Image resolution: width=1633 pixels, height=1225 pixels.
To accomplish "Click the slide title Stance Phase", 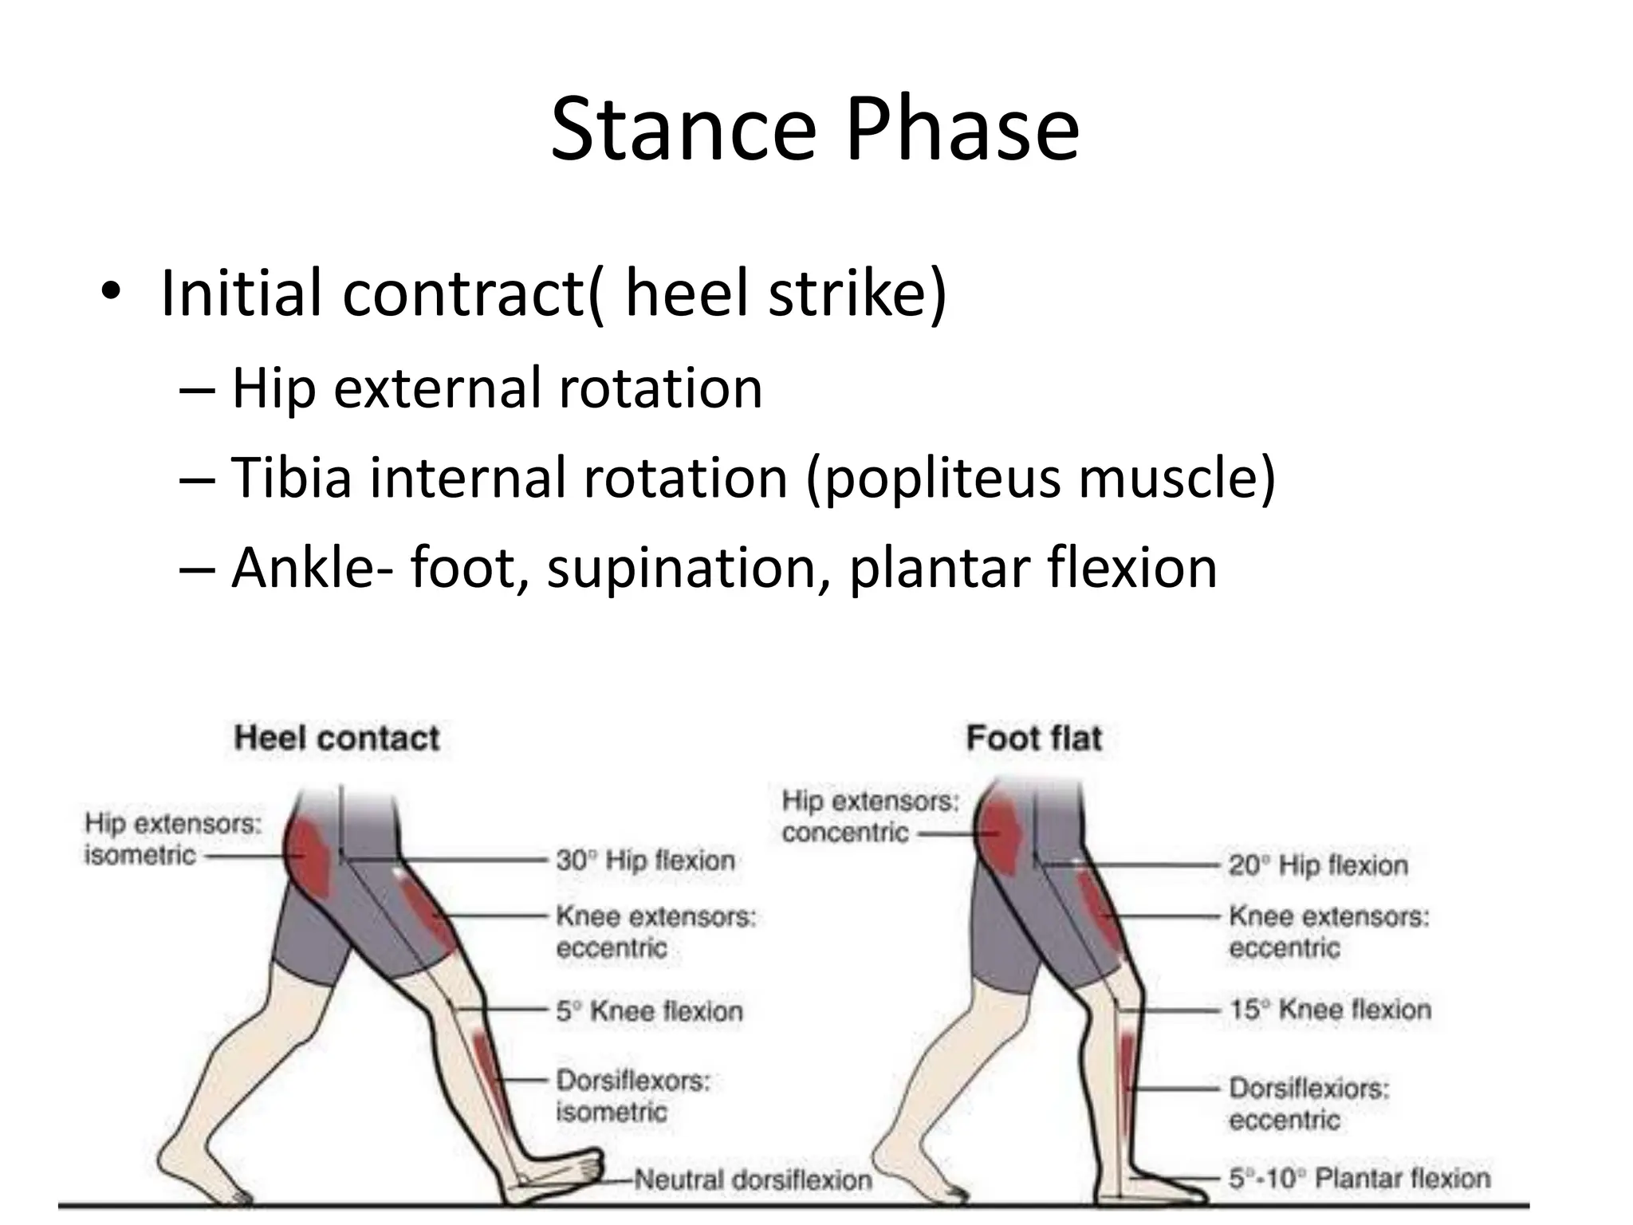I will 815,129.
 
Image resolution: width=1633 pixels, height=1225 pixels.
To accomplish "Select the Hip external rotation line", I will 496,388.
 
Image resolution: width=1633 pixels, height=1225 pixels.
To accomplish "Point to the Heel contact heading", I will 336,739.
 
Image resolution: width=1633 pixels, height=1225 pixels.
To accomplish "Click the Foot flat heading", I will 1034,739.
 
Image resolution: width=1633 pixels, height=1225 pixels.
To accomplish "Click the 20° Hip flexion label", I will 1318,865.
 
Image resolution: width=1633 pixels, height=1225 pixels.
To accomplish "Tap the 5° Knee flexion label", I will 649,1011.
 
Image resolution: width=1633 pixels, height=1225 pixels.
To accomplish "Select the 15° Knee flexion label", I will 1329,1010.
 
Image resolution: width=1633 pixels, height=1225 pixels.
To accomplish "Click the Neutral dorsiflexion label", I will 753,1180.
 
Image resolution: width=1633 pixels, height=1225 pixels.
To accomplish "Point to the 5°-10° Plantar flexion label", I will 1359,1178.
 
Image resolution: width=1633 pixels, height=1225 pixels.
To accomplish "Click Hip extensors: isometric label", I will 173,839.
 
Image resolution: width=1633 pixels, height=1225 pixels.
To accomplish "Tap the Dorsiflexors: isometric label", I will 632,1097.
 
